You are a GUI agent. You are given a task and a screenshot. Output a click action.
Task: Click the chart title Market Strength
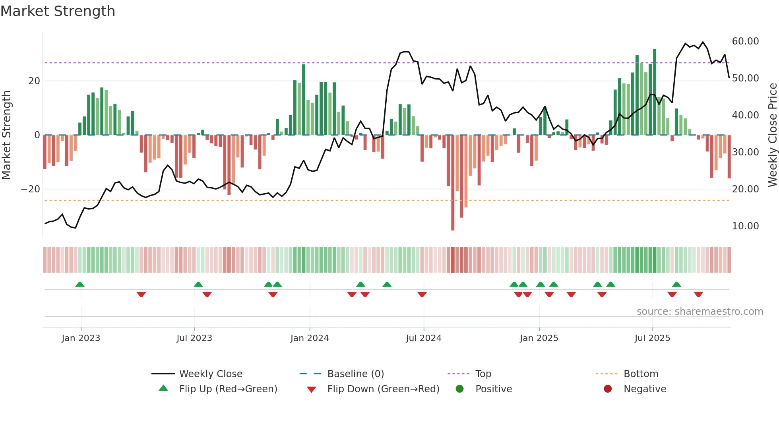(x=58, y=11)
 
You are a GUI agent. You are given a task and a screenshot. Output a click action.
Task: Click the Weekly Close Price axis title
(x=772, y=135)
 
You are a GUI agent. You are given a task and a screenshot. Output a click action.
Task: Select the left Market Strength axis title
(x=6, y=135)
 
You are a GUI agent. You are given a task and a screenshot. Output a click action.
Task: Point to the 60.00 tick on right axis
(x=745, y=41)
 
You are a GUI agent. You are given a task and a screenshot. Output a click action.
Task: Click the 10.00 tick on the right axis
(x=745, y=226)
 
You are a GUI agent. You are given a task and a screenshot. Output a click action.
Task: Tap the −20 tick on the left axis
(x=31, y=189)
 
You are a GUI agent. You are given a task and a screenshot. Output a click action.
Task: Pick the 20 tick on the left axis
(x=34, y=81)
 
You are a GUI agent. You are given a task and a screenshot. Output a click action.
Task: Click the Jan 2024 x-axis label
(x=310, y=338)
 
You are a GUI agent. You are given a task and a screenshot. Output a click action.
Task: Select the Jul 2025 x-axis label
(x=652, y=338)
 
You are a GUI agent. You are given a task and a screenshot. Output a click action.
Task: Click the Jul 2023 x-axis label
(x=194, y=338)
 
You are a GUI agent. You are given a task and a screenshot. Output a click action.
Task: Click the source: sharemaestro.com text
(x=700, y=312)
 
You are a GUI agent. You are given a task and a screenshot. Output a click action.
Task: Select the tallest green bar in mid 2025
(x=655, y=91)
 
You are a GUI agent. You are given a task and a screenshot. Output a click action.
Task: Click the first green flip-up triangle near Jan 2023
(x=80, y=284)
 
